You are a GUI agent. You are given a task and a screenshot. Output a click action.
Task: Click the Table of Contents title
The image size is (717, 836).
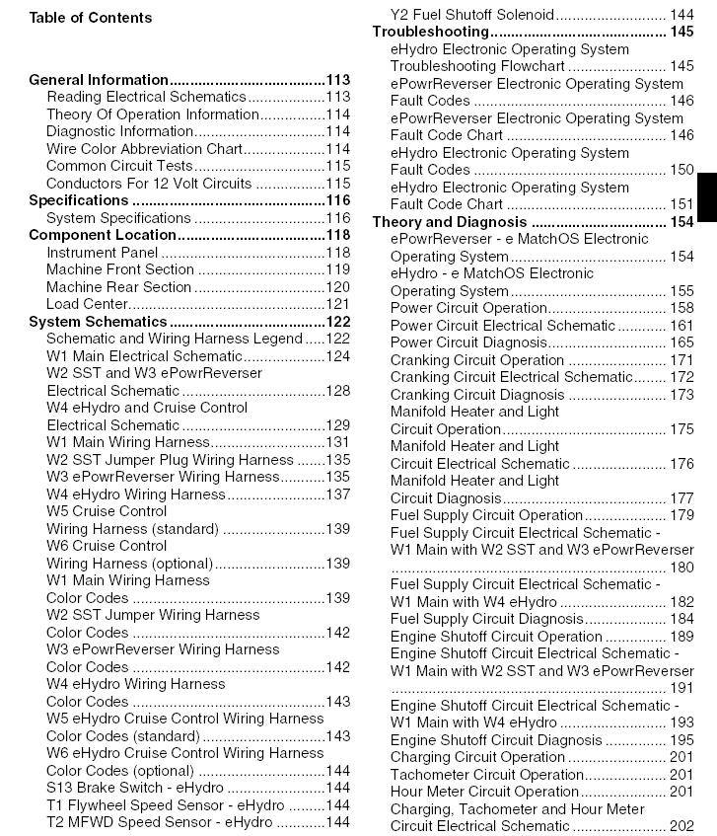(91, 18)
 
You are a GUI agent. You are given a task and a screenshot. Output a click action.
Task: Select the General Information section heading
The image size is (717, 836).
(99, 80)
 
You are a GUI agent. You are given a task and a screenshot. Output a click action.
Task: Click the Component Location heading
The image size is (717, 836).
(103, 235)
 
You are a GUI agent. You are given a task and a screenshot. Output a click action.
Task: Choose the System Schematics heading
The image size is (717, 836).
(99, 322)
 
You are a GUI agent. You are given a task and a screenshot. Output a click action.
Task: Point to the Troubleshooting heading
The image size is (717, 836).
(430, 32)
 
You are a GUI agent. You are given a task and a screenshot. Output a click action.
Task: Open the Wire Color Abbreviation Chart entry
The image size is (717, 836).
(144, 149)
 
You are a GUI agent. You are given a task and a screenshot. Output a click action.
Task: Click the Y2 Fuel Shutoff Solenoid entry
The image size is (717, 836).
(472, 15)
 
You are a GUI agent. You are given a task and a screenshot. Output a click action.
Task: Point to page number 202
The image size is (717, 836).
(681, 826)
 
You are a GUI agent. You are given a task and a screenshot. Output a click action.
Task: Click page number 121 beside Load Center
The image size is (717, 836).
(338, 304)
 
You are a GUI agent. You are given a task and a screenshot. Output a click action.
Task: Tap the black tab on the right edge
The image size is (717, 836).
(707, 197)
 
